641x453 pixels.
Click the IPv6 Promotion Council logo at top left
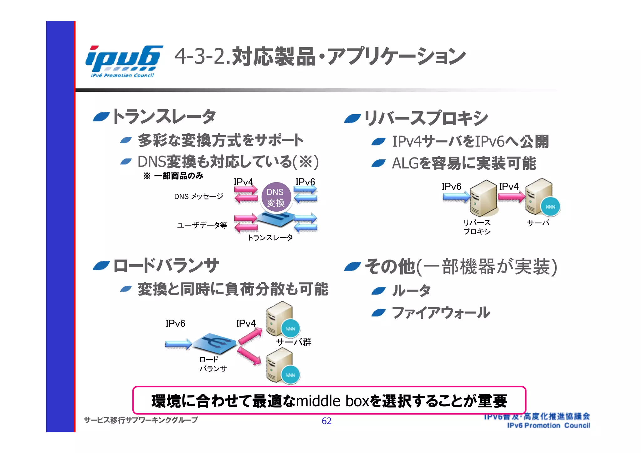click(123, 61)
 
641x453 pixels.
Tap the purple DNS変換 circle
click(276, 197)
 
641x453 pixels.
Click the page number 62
click(326, 421)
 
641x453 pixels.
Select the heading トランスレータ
click(164, 116)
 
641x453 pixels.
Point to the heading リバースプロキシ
click(426, 118)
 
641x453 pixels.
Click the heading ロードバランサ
click(166, 266)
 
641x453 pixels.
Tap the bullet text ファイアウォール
click(441, 313)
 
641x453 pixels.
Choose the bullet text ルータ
click(411, 291)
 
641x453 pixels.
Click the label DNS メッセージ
click(198, 196)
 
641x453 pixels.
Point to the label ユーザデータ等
click(202, 225)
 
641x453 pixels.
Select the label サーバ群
click(293, 342)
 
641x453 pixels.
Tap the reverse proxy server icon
click(483, 198)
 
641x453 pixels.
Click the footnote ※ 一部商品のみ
click(173, 176)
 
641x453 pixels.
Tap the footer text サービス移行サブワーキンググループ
click(141, 420)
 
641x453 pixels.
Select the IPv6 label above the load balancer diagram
click(175, 323)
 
